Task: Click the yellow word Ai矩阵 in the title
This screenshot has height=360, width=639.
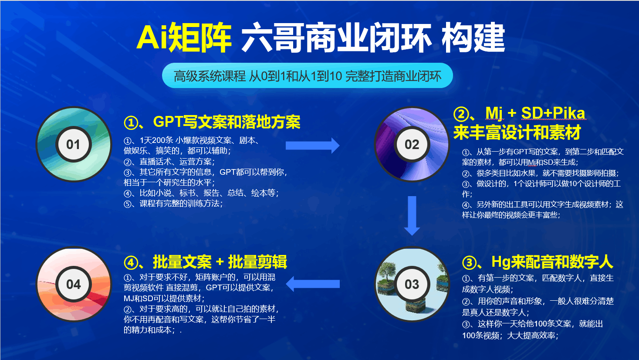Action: [x=184, y=37]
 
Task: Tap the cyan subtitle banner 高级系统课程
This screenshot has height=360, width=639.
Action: [x=307, y=76]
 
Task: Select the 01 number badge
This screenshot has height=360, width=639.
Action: [x=74, y=144]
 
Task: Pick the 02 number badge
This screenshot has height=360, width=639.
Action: [x=412, y=144]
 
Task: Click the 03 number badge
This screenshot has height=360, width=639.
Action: [x=412, y=284]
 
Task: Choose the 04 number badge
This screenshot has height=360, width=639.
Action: [x=74, y=284]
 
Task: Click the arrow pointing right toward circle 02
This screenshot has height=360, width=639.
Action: [x=313, y=146]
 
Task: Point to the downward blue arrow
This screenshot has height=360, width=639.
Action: [x=412, y=216]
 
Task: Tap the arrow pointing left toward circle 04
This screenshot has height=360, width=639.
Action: [x=313, y=284]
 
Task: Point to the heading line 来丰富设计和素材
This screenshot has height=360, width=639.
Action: [x=517, y=132]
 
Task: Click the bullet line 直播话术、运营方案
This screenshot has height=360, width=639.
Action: [x=169, y=162]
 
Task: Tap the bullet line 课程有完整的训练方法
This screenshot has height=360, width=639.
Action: [x=173, y=204]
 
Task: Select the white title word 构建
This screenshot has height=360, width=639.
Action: [x=473, y=37]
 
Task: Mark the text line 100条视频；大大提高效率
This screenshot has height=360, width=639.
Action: [x=510, y=336]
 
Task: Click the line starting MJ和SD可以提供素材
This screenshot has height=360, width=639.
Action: [x=164, y=299]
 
